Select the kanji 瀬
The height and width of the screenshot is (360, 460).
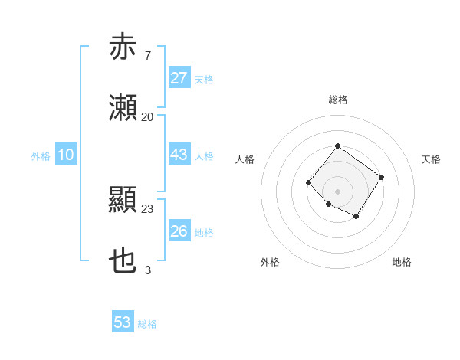123,109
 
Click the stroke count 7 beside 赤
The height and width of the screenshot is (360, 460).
147,56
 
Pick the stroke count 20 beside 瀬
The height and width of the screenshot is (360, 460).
147,117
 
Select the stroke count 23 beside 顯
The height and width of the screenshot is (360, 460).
147,208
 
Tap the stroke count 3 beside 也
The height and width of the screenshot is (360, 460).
147,270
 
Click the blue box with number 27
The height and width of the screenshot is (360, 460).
179,78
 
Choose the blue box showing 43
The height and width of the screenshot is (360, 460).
179,155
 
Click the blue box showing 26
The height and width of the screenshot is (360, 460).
179,231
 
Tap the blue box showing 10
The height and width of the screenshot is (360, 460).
66,155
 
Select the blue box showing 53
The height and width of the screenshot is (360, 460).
123,322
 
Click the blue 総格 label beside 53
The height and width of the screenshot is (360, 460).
147,324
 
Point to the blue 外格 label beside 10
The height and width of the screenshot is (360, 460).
41,156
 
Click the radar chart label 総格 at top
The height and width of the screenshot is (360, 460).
337,100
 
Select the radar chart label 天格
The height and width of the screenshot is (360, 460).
431,159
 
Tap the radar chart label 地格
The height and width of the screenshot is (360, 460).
402,262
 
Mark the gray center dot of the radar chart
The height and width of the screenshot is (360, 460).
337,191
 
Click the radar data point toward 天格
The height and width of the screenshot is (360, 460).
382,177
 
